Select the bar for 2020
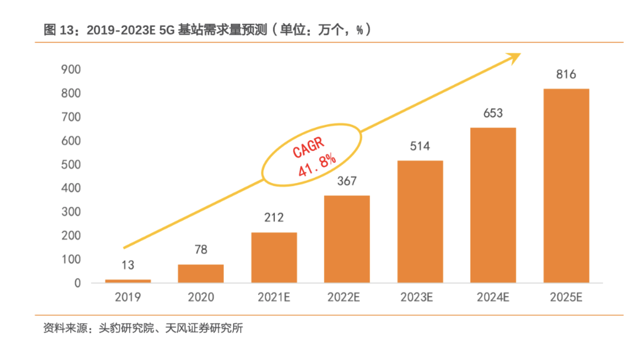tap(201, 273)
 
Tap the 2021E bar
tap(274, 257)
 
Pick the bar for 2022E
tap(347, 239)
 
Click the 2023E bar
tap(420, 221)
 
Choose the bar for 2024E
tap(493, 205)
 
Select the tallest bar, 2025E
tap(566, 186)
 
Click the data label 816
tap(566, 74)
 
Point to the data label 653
tap(493, 113)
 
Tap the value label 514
tap(420, 146)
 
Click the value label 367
tap(347, 181)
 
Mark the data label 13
tap(128, 265)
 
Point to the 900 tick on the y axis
tap(71, 70)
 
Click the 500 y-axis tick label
tap(71, 165)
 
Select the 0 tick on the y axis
tap(78, 283)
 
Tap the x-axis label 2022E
tap(347, 298)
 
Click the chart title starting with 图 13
tap(207, 30)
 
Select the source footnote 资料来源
tap(143, 329)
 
